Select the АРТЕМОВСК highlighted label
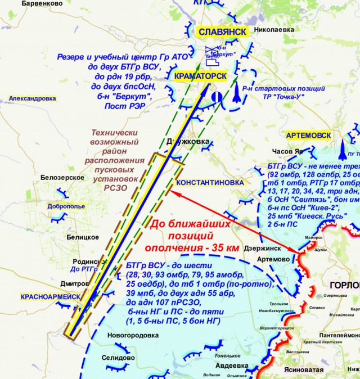(x=307, y=136)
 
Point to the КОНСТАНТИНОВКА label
(x=210, y=183)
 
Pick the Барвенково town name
(x=42, y=3)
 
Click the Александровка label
(x=33, y=98)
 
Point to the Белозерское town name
(x=62, y=178)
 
